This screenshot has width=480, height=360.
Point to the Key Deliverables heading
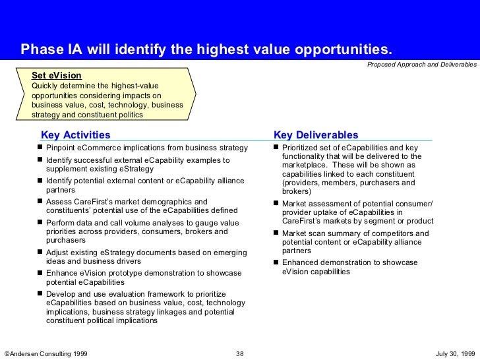(316, 135)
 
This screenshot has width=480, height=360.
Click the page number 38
(240, 354)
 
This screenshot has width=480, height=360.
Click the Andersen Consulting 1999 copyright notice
(46, 354)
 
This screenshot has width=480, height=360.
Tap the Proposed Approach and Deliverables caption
(422, 65)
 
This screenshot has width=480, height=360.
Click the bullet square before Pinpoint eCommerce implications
(40, 147)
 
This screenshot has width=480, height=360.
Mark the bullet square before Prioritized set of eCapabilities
(276, 147)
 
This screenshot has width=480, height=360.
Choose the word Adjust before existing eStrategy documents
(57, 253)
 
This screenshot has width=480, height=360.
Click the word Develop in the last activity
(61, 293)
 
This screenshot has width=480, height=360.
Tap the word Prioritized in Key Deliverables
(301, 148)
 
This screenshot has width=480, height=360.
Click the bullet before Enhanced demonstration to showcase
(276, 262)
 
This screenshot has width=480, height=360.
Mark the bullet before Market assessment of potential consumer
(276, 204)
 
